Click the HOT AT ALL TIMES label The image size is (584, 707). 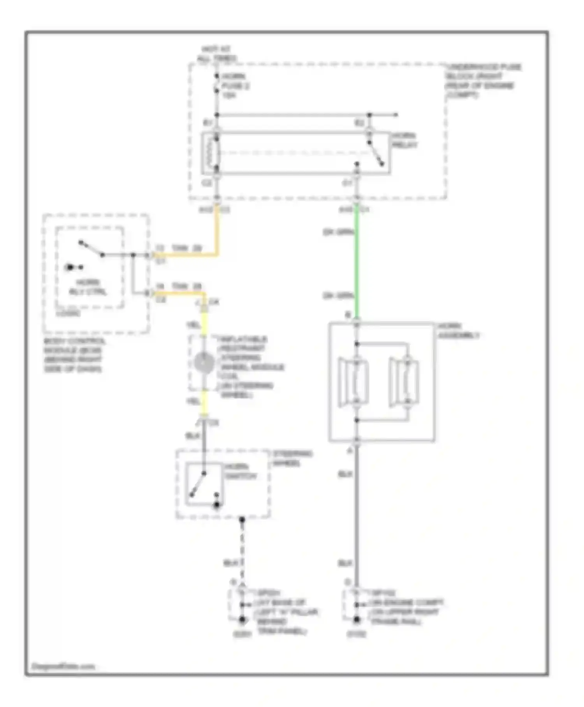(216, 54)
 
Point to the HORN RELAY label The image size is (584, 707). (404, 140)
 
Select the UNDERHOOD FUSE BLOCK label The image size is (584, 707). (483, 81)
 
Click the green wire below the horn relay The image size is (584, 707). (357, 265)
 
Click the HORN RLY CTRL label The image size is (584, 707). (88, 287)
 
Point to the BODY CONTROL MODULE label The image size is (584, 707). (74, 355)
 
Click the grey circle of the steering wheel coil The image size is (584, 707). (204, 363)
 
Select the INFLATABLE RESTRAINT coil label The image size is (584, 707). (249, 366)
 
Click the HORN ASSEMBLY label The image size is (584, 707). (458, 331)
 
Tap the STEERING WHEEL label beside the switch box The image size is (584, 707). (292, 458)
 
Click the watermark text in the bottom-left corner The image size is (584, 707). (63, 666)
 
